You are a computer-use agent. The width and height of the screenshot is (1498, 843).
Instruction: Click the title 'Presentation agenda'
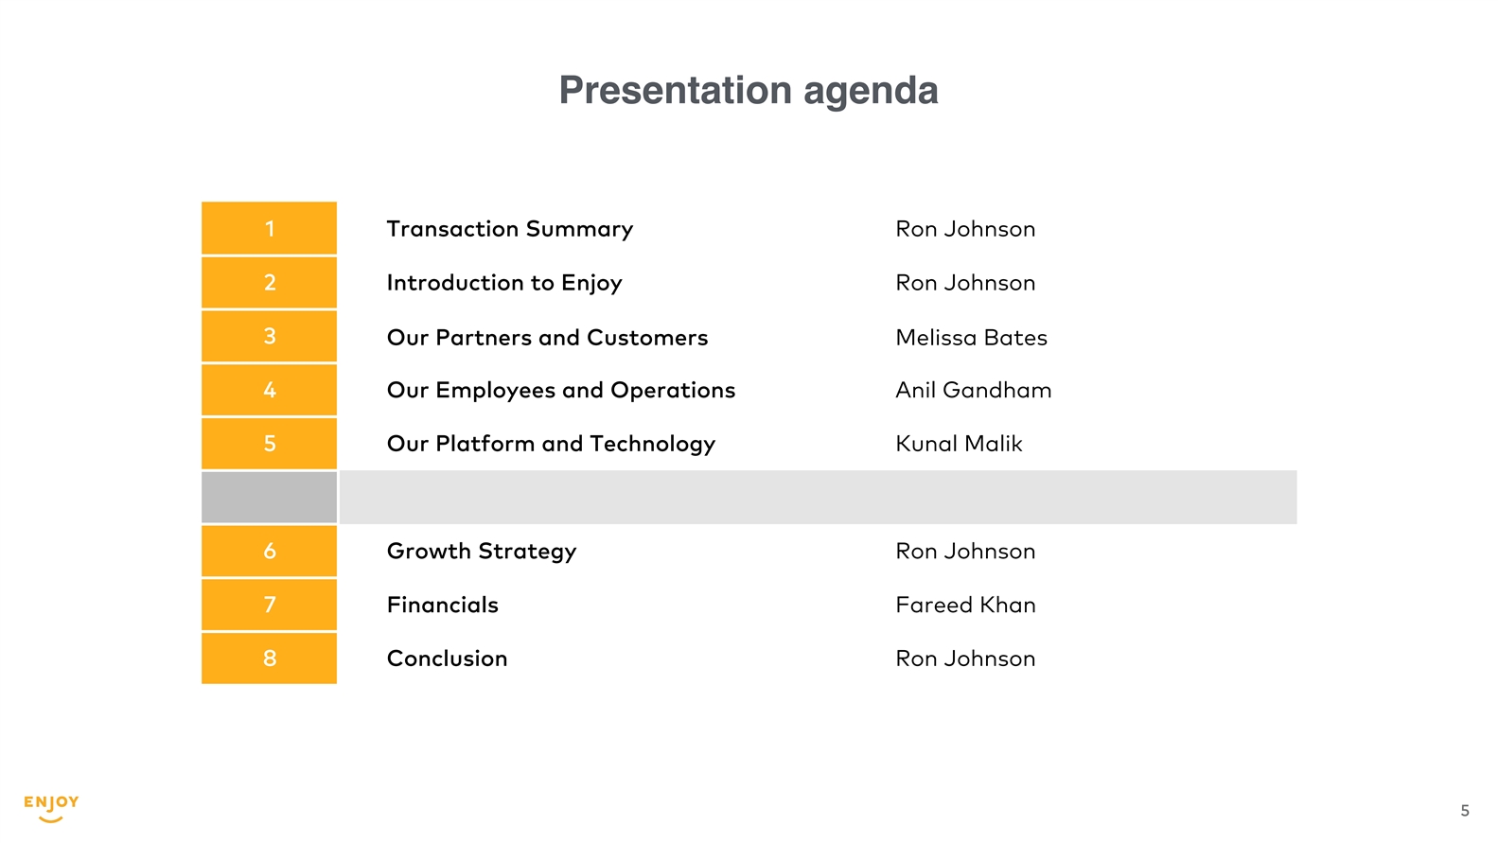pyautogui.click(x=749, y=91)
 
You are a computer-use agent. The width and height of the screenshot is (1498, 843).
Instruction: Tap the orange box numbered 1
pyautogui.click(x=269, y=228)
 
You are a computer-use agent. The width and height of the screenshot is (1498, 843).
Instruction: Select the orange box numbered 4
pyautogui.click(x=269, y=390)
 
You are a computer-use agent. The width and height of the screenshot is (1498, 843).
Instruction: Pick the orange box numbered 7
pyautogui.click(x=269, y=605)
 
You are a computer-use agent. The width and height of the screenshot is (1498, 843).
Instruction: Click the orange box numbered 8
pyautogui.click(x=269, y=659)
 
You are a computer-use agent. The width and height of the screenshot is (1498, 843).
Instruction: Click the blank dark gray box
pyautogui.click(x=269, y=498)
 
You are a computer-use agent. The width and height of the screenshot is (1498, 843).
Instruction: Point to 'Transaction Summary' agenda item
pyautogui.click(x=510, y=229)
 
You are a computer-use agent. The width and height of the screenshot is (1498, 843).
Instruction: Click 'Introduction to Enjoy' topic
pyautogui.click(x=504, y=284)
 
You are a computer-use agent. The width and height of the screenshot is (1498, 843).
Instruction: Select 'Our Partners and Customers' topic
pyautogui.click(x=547, y=338)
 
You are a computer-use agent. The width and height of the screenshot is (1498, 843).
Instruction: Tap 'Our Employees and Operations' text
pyautogui.click(x=561, y=391)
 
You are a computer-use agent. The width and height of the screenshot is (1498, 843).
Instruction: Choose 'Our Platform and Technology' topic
pyautogui.click(x=551, y=445)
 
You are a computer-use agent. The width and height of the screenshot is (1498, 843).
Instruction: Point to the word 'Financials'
pyautogui.click(x=443, y=605)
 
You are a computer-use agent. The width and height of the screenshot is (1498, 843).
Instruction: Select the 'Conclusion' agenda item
pyautogui.click(x=447, y=659)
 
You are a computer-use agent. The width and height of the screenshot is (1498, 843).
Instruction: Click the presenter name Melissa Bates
pyautogui.click(x=971, y=338)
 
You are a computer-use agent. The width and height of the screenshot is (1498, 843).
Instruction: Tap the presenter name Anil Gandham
pyautogui.click(x=973, y=391)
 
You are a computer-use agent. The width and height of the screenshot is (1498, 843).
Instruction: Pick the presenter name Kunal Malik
pyautogui.click(x=959, y=444)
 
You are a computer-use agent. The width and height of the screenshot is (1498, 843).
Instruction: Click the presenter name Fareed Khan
pyautogui.click(x=965, y=605)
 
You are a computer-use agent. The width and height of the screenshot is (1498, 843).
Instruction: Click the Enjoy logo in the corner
pyautogui.click(x=51, y=809)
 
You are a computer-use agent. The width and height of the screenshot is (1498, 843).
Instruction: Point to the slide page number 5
pyautogui.click(x=1465, y=811)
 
